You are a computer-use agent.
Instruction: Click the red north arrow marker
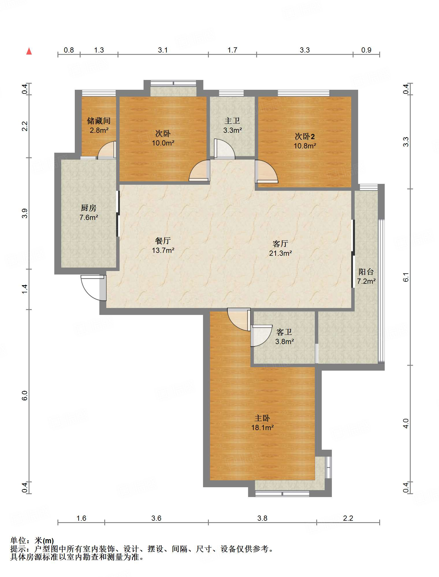29,51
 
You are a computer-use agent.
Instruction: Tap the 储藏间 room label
99,121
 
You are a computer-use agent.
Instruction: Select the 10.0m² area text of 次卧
163,143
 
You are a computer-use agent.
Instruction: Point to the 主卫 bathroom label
232,121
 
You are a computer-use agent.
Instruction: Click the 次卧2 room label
305,136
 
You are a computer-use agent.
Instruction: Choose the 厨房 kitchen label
88,208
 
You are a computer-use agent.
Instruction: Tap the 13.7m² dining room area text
163,250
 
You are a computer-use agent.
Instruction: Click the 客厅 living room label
280,244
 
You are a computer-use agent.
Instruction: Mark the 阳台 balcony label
366,272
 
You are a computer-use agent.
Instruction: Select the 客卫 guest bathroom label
284,332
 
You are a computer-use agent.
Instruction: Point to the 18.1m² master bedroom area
262,427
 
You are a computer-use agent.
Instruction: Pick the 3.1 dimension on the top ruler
163,50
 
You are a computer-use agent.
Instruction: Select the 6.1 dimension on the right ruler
406,277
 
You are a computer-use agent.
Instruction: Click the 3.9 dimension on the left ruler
25,213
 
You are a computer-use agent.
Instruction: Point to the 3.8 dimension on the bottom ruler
262,518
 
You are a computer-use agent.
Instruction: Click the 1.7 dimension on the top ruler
232,50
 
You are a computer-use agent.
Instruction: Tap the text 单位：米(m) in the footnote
32,540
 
